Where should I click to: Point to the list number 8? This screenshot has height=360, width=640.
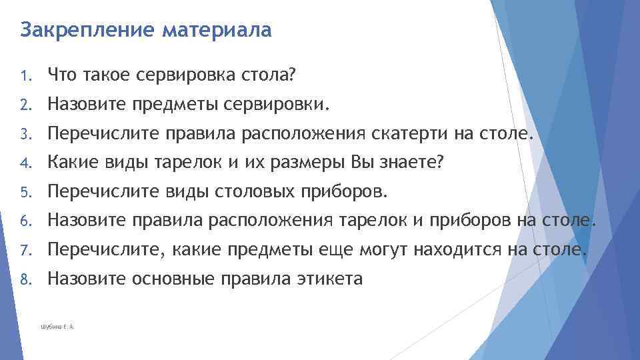[25, 280]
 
